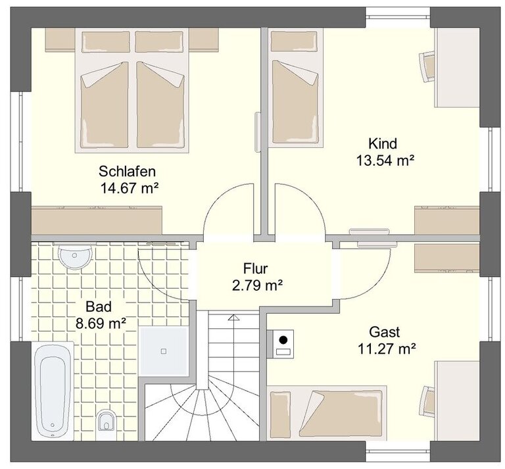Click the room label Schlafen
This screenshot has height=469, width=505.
(127, 172)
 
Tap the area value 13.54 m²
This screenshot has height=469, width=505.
(385, 160)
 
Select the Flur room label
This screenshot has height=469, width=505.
(256, 268)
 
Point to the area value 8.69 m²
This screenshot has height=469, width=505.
(101, 323)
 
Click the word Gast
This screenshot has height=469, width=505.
(385, 332)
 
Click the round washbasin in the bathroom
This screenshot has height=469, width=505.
(75, 257)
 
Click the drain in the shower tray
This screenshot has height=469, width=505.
(164, 351)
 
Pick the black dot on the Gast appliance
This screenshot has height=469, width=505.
(283, 339)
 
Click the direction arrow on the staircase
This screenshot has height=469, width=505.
(233, 317)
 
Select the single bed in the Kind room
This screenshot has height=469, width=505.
(296, 88)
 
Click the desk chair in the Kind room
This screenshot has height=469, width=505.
(427, 67)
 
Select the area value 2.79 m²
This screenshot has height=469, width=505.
(257, 285)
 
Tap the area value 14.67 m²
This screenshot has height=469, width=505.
(130, 188)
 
